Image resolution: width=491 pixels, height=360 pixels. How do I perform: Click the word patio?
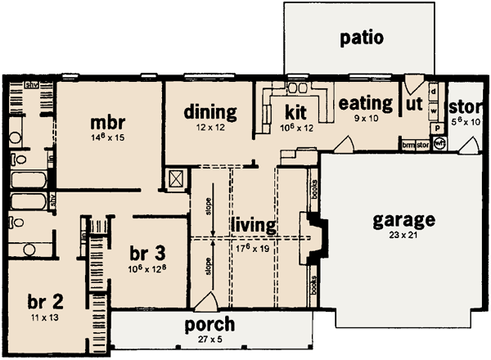[x=362, y=38]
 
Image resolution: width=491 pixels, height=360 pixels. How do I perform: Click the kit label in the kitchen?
[x=295, y=112]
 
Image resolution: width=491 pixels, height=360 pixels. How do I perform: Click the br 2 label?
[x=45, y=299]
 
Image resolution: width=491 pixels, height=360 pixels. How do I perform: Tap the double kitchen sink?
[x=295, y=88]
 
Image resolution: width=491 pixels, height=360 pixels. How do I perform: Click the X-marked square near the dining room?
[x=175, y=179]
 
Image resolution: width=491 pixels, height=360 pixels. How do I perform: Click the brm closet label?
[x=408, y=145]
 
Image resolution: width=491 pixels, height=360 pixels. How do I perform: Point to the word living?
[x=252, y=223]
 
